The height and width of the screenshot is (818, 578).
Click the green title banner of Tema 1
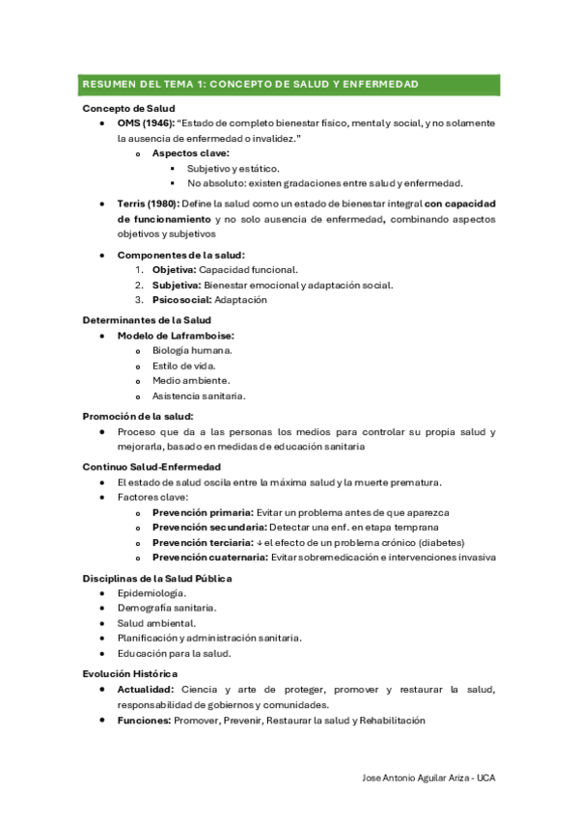pos(289,85)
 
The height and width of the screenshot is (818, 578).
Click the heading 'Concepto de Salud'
pos(128,109)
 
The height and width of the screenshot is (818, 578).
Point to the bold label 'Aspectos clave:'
pos(190,153)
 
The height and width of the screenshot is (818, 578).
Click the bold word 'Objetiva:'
pos(174,270)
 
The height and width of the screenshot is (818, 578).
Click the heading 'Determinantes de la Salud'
pos(147,319)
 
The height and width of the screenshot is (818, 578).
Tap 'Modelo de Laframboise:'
pos(176,336)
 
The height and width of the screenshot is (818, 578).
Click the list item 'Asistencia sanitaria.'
pos(199,395)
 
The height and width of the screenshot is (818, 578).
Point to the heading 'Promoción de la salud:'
pos(138,416)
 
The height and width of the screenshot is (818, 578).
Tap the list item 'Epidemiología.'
pos(151,593)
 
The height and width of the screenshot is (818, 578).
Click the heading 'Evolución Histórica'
pos(130,673)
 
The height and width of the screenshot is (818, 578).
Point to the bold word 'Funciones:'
pos(146,721)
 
